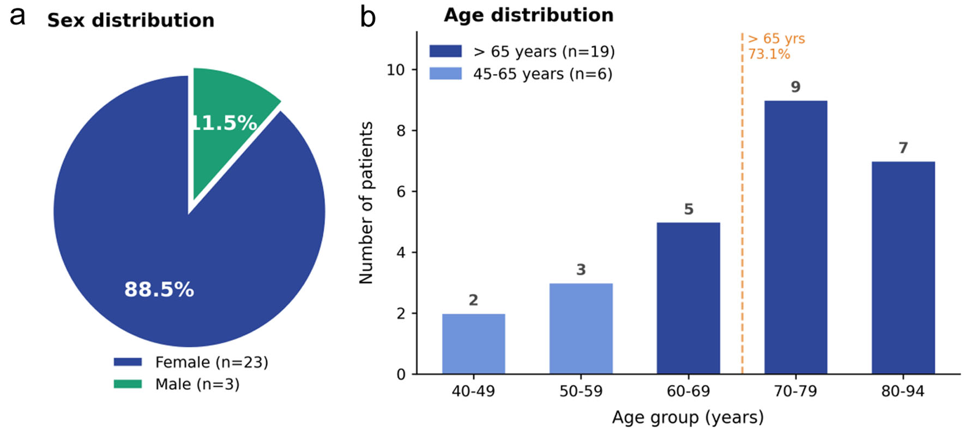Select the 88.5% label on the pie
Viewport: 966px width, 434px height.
click(159, 289)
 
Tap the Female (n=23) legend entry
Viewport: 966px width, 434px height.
click(191, 362)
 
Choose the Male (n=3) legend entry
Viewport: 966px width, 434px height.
click(177, 384)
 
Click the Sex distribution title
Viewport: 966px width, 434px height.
click(131, 20)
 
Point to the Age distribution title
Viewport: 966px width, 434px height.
click(529, 15)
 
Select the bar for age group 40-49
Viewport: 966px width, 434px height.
click(473, 344)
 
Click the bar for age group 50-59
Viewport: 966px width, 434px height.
click(581, 329)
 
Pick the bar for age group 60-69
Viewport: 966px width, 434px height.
click(688, 298)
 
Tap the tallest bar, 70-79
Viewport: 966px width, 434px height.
click(795, 237)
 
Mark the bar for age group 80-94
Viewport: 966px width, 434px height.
click(903, 268)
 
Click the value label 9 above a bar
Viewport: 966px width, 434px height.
click(795, 87)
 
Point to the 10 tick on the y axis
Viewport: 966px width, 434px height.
click(396, 70)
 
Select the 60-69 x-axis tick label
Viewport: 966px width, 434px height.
click(688, 391)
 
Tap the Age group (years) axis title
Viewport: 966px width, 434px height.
click(688, 418)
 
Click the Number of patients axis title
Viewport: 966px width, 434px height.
click(366, 203)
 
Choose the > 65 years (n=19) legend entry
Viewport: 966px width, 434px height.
click(522, 51)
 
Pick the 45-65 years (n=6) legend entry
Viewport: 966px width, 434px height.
click(521, 74)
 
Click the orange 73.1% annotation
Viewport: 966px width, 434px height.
click(769, 54)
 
